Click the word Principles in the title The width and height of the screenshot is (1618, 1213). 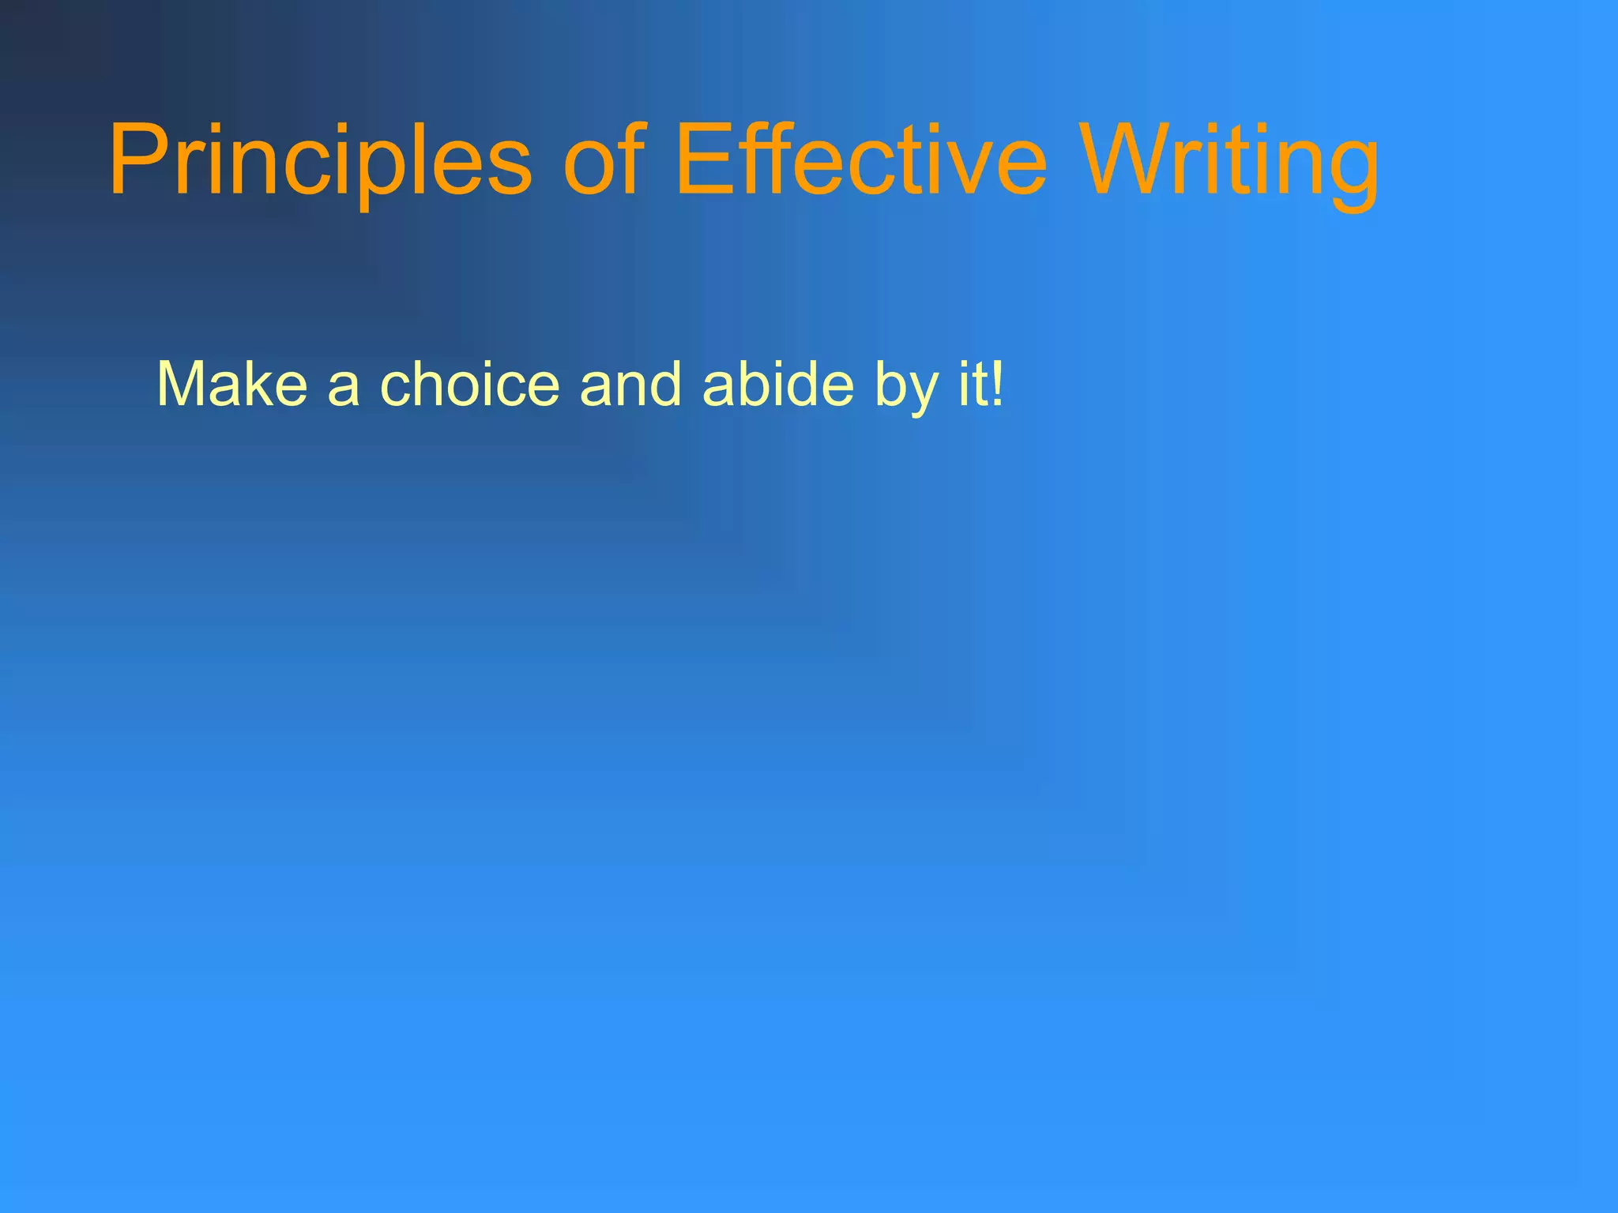point(320,162)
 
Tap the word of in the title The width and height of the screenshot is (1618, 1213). point(604,162)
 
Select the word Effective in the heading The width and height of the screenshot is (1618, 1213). point(861,162)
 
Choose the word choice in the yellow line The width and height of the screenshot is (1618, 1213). point(470,385)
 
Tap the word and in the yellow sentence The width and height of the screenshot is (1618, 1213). point(630,385)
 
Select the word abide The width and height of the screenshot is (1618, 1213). point(777,385)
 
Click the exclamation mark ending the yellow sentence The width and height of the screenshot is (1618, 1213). point(998,385)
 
